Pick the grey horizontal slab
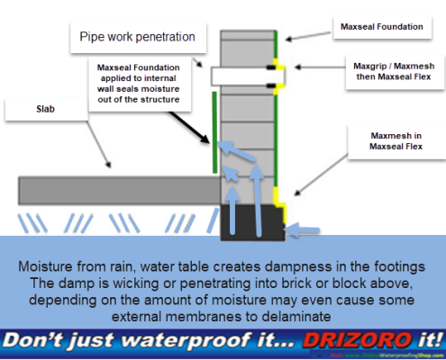(x=117, y=189)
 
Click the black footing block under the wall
(x=251, y=220)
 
